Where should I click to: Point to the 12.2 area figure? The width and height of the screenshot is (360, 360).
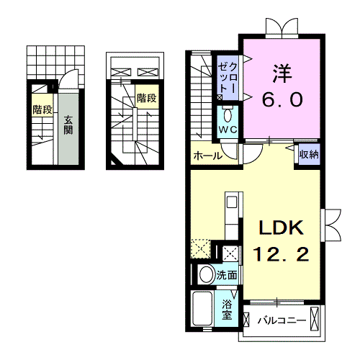point(282,254)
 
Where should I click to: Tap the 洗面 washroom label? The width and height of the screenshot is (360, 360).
point(227,274)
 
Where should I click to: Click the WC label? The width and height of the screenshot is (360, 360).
point(228,129)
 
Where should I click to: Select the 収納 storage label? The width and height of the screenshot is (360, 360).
point(309,154)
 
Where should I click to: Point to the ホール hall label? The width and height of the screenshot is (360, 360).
point(207,154)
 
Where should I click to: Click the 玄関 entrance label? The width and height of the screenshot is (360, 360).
point(67,125)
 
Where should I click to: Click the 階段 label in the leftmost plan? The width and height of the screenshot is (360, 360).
point(42,110)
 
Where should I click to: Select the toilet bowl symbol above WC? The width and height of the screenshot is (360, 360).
point(228,114)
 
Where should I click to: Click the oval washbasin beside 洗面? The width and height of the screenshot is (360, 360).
point(206,274)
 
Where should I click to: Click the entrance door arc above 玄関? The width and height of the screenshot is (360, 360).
point(68,81)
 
